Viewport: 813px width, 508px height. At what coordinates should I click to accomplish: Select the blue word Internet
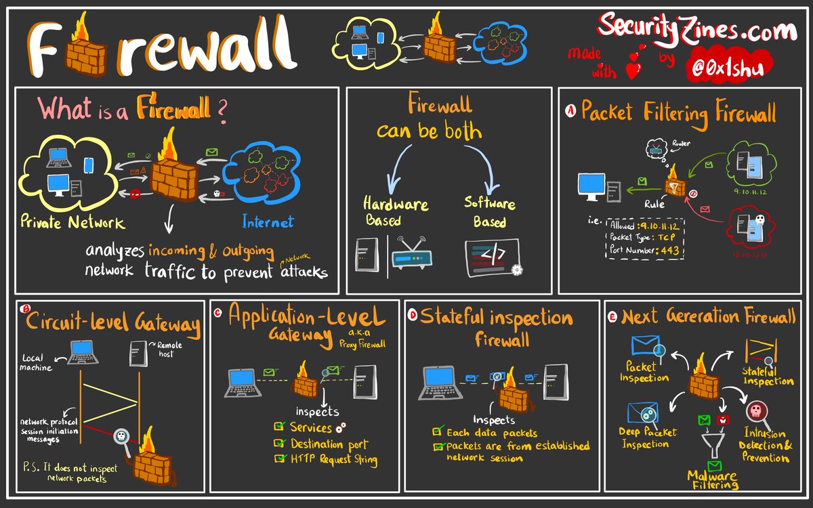pos(268,222)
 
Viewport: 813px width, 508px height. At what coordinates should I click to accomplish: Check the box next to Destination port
pos(279,444)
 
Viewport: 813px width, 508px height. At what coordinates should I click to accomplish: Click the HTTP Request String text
pos(333,459)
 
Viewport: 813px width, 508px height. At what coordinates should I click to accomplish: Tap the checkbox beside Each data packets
pos(438,431)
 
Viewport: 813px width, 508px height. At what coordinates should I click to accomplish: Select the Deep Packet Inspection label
pos(644,437)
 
